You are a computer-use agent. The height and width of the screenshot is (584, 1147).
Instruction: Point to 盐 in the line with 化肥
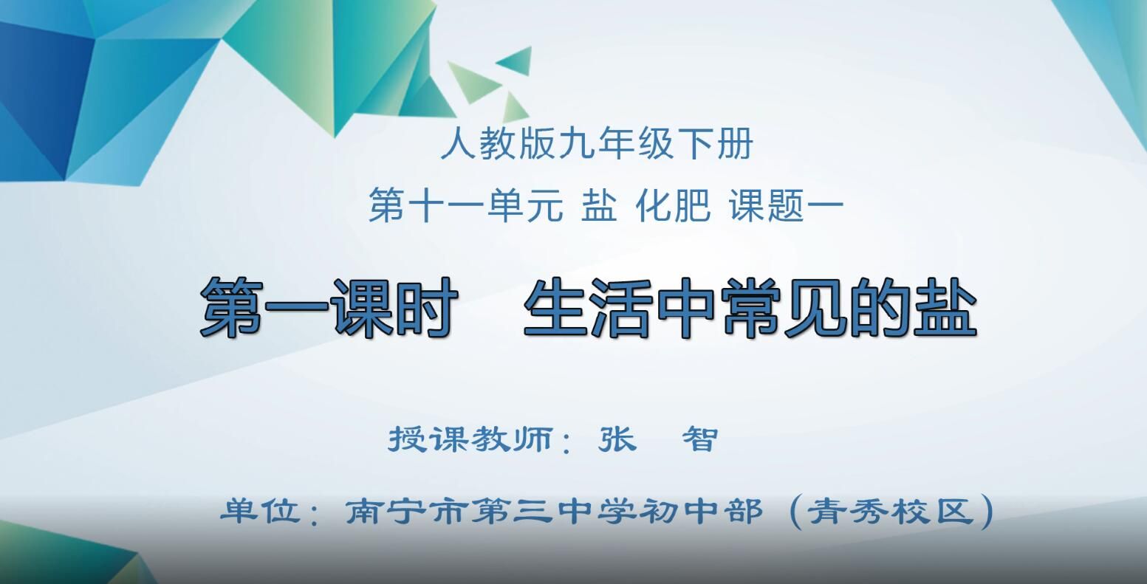click(599, 205)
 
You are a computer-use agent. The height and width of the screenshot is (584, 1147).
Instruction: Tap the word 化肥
click(673, 205)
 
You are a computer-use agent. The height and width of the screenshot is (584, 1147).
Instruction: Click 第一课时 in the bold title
click(327, 307)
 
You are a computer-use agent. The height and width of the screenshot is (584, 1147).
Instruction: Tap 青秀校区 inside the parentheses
click(891, 511)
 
